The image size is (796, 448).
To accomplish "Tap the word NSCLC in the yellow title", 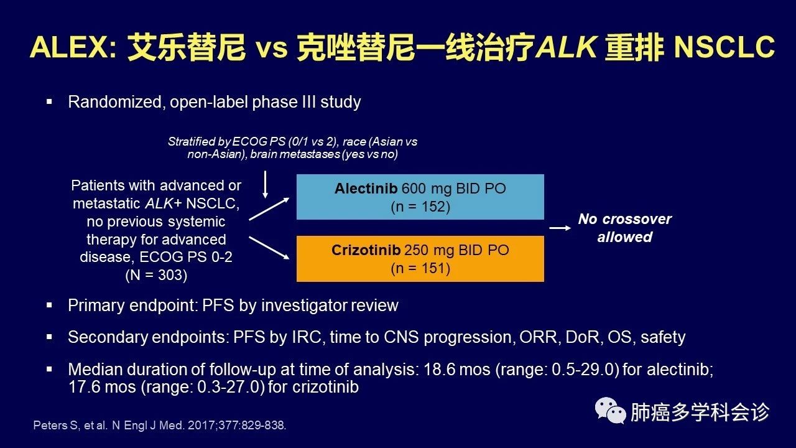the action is (x=724, y=47).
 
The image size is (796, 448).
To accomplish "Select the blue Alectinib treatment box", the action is (x=420, y=197).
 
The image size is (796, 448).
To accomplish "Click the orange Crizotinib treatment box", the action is (x=420, y=259).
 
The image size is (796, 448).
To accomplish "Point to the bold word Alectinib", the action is (x=366, y=189).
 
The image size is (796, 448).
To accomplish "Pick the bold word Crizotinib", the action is (x=366, y=250).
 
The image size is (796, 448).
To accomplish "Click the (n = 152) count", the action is (x=420, y=207).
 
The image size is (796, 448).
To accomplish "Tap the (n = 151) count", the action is (x=420, y=268).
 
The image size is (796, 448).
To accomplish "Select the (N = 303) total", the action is (x=156, y=275).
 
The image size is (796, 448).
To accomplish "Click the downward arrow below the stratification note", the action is (x=265, y=184).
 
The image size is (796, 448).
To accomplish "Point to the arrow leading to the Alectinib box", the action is (x=269, y=209).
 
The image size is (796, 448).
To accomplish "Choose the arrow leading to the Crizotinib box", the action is (x=269, y=248).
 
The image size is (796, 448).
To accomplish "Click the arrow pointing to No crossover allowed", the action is (x=560, y=228).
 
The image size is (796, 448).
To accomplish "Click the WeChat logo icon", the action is (x=611, y=410).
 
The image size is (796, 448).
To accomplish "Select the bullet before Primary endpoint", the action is (x=49, y=305).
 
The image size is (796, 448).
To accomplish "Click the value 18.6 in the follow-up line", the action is (x=439, y=370).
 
